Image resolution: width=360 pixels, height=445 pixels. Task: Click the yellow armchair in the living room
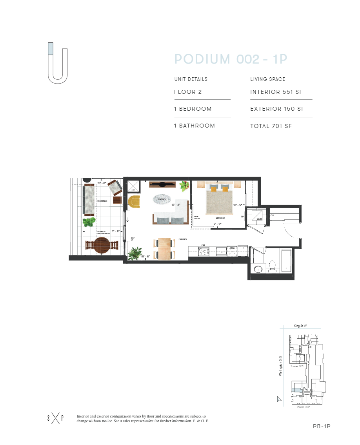coord(134,202)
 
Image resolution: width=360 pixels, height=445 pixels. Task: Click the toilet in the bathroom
coord(272,268)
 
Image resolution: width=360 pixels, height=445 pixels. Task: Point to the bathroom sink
coord(258,269)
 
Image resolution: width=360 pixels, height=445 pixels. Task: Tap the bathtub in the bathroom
coord(287,261)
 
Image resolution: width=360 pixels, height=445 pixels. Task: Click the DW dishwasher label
coord(232,248)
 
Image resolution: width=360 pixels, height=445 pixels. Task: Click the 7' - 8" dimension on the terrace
coord(115,232)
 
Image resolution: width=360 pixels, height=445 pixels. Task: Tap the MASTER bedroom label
coord(220,218)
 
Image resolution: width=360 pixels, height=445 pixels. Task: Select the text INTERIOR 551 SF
coord(276,92)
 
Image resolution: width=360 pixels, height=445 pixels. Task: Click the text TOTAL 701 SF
coord(271,126)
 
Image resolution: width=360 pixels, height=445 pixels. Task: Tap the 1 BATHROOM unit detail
coord(195,126)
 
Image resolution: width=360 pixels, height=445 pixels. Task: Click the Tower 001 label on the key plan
coord(297,366)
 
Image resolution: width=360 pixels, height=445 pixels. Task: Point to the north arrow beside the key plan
coord(279,399)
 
